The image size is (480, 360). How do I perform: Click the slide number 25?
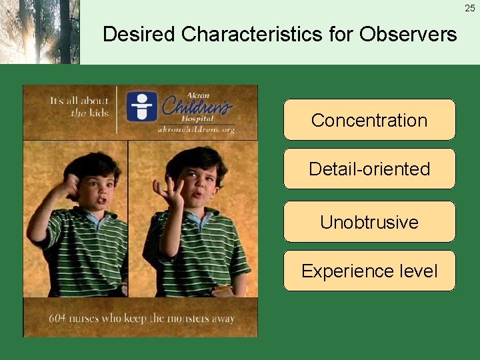coord(470,8)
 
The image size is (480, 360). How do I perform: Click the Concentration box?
coord(369,120)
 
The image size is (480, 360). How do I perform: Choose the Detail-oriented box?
coord(369,169)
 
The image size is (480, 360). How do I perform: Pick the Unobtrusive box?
coord(369,222)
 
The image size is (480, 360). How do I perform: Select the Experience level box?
coord(369,271)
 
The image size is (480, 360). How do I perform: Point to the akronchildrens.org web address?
coord(196,130)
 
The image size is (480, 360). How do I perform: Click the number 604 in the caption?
coord(57,318)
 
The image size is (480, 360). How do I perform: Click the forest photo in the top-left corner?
coord(39,31)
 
